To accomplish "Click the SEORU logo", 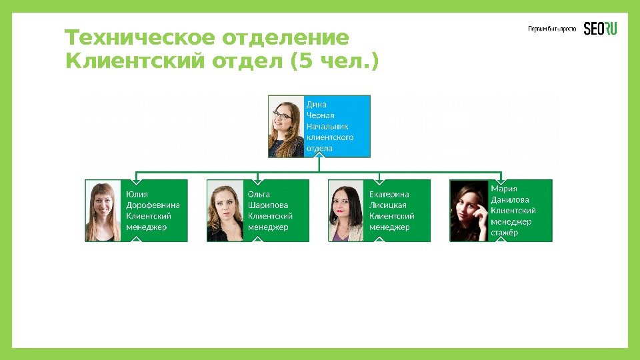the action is (601, 29).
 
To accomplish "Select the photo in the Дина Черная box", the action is (287, 126).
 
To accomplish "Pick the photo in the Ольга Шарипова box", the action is (225, 211).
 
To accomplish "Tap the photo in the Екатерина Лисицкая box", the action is (347, 211).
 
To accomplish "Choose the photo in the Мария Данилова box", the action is (469, 211).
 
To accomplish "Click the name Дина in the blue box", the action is (316, 105).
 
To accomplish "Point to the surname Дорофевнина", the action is (153, 205).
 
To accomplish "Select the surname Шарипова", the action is (268, 205).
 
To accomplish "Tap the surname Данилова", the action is (510, 199).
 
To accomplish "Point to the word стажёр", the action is (504, 232).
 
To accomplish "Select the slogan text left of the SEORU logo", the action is (552, 29).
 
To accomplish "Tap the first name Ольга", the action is (259, 194).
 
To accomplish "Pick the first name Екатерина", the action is (390, 194).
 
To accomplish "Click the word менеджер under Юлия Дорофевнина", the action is (146, 227).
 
